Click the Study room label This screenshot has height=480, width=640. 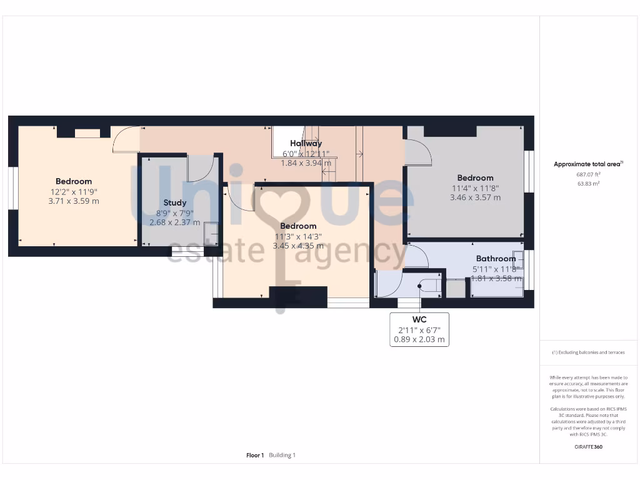click(174, 202)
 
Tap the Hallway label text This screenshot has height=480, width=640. click(306, 144)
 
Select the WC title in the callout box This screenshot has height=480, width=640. click(419, 319)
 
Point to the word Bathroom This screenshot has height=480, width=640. click(496, 259)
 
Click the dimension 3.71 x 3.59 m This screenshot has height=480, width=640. click(73, 201)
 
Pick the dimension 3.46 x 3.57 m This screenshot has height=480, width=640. click(475, 197)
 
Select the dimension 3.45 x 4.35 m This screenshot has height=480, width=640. click(298, 246)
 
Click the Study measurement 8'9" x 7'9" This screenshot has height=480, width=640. click(174, 212)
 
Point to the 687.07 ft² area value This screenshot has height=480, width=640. click(588, 175)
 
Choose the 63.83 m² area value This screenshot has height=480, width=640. click(588, 184)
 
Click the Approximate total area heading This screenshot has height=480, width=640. click(588, 164)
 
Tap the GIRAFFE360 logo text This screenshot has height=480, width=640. click(588, 447)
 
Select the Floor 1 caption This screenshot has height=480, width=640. click(255, 455)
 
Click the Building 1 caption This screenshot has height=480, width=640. click(282, 455)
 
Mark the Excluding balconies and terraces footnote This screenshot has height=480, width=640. click(588, 352)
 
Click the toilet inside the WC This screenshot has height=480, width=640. click(430, 286)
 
